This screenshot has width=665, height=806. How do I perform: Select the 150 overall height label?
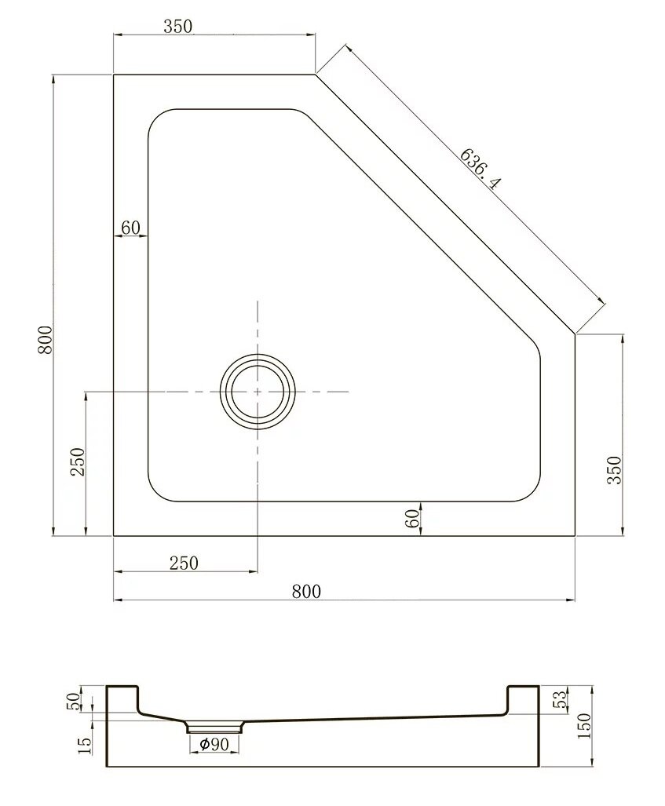(585, 726)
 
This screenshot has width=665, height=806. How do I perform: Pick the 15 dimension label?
(86, 746)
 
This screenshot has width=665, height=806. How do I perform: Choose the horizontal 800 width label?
(306, 592)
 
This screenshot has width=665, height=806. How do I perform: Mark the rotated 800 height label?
(46, 340)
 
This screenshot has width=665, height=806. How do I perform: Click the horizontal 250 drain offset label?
(185, 563)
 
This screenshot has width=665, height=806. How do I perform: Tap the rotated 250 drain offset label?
(77, 461)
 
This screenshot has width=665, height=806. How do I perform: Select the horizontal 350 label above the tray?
(178, 26)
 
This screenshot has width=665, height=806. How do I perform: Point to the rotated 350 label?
(615, 470)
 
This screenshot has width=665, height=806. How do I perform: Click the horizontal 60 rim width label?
(130, 227)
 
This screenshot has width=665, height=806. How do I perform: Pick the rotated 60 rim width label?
(412, 520)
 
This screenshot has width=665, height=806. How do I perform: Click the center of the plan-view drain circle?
(258, 392)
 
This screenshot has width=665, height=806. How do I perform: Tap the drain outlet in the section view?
(214, 726)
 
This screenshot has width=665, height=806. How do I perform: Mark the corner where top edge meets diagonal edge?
(315, 75)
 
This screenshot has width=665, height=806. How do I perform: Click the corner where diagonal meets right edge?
(575, 334)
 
